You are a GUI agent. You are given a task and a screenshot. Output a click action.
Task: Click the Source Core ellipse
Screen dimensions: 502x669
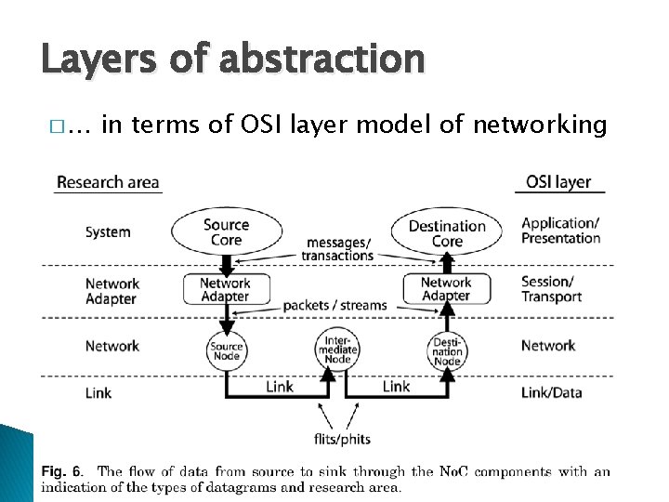(x=226, y=231)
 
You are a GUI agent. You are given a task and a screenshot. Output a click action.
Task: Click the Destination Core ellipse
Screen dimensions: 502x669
(x=447, y=233)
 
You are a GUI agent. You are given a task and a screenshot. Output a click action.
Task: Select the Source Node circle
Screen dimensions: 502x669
(x=226, y=350)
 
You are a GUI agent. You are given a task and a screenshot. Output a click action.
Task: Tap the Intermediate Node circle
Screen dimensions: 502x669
(x=337, y=347)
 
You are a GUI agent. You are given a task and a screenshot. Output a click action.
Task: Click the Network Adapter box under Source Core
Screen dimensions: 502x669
(x=225, y=289)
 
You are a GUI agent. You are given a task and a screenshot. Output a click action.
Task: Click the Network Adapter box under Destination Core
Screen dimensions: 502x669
(x=446, y=289)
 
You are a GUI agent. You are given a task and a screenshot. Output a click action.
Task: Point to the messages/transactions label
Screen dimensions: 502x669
(x=337, y=249)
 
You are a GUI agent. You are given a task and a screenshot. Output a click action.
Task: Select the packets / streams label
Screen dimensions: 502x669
(x=334, y=304)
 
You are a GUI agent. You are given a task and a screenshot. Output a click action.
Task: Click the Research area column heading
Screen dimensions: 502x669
(x=108, y=182)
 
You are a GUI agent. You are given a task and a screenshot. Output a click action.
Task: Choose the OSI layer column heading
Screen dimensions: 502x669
(x=558, y=181)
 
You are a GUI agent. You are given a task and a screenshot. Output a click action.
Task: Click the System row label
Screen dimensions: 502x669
(x=108, y=232)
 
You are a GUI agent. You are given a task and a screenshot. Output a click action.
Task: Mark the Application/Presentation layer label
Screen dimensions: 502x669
(x=561, y=231)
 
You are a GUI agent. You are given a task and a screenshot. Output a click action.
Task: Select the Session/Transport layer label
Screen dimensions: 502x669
(x=551, y=289)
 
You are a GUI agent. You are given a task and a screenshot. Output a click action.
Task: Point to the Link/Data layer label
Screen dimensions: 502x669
(x=552, y=392)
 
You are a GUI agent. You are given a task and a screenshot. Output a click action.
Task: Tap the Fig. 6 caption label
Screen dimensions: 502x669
(x=61, y=471)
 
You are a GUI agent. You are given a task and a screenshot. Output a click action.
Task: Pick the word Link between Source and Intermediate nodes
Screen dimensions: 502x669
(x=280, y=386)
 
